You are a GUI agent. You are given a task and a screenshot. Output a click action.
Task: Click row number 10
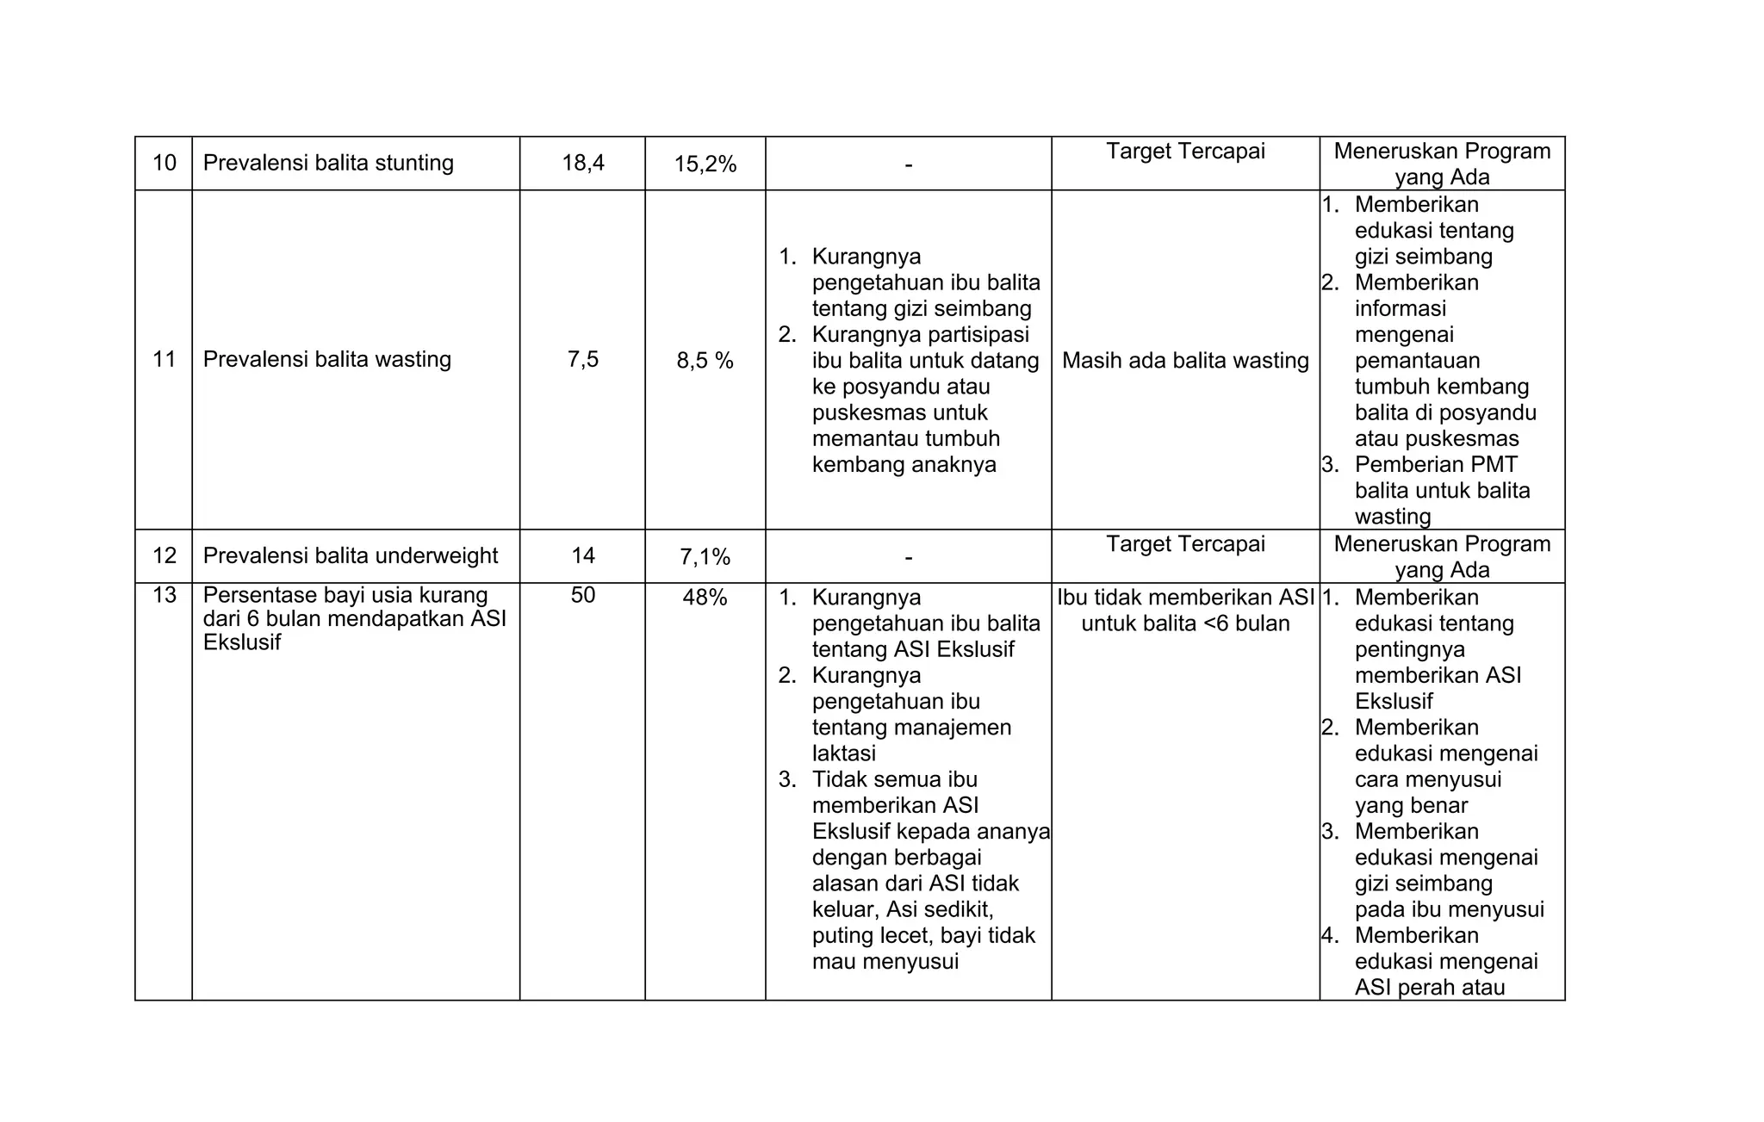click(x=164, y=163)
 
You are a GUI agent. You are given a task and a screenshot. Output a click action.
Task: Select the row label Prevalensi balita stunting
click(x=328, y=163)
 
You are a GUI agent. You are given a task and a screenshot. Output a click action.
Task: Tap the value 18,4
click(x=583, y=163)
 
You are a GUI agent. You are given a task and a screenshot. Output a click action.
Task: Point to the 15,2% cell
click(x=705, y=164)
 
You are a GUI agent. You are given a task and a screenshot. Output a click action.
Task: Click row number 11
click(x=164, y=359)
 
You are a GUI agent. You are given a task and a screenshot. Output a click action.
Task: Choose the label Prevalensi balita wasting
click(x=326, y=359)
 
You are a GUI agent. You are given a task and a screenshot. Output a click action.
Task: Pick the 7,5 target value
click(x=583, y=359)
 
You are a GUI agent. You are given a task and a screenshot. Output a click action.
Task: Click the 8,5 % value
click(x=705, y=361)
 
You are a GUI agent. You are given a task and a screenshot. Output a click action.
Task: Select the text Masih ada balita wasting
click(x=1185, y=361)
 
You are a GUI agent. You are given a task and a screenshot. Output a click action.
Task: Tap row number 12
click(x=164, y=555)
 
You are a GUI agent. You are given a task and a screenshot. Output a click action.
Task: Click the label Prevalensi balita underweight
click(x=350, y=555)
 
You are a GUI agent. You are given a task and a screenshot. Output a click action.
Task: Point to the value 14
click(x=583, y=555)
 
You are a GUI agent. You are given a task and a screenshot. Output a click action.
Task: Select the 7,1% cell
click(x=705, y=557)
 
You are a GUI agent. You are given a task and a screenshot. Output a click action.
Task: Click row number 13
click(x=164, y=595)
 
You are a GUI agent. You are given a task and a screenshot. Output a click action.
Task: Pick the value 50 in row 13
click(x=583, y=595)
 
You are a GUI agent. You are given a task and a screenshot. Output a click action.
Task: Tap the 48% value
click(x=705, y=598)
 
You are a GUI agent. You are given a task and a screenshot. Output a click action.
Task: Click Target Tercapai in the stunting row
click(x=1185, y=152)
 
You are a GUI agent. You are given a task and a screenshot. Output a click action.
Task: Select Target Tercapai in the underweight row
click(x=1185, y=544)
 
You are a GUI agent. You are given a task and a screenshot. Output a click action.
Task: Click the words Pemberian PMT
click(x=1436, y=465)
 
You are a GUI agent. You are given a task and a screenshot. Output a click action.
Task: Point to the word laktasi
click(x=843, y=753)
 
